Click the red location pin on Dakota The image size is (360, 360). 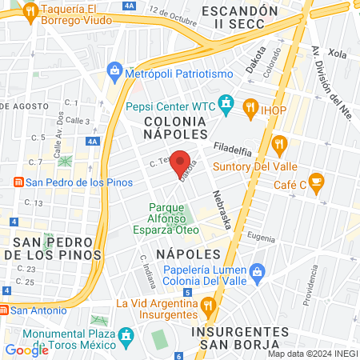point(181,159)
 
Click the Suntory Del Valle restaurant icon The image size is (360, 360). point(279,146)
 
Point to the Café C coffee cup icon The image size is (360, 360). point(316,181)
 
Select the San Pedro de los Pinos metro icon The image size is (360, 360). point(17,182)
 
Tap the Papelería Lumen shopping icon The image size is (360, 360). point(257,272)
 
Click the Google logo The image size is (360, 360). point(26,350)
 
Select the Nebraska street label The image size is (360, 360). point(222,209)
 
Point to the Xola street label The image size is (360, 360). point(337,53)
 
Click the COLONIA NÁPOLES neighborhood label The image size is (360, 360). point(176,126)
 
